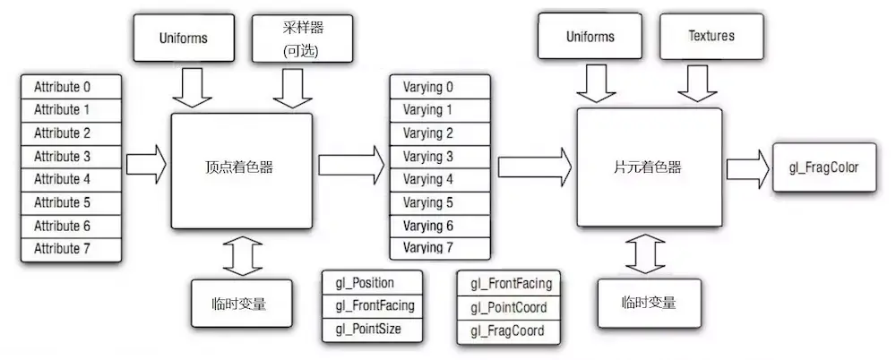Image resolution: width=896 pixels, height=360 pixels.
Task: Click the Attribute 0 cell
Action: (x=71, y=88)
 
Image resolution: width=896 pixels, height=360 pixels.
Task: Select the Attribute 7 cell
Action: (x=71, y=248)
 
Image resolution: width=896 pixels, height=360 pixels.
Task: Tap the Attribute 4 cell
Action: (x=71, y=179)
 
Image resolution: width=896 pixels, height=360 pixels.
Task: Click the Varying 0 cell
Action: (x=440, y=87)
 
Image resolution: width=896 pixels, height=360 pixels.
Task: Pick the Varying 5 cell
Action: (x=440, y=202)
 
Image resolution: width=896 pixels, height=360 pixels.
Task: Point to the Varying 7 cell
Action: (x=440, y=247)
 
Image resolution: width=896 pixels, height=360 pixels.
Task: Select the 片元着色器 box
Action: (x=650, y=167)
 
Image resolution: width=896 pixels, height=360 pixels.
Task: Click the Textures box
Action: (x=711, y=37)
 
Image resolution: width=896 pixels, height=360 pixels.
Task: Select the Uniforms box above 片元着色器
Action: (x=590, y=37)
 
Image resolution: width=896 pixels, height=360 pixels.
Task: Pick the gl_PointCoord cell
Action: (x=507, y=308)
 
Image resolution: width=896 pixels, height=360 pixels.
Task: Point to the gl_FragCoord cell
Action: (x=507, y=331)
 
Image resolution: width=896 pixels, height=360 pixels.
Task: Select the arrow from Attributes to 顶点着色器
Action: (x=146, y=165)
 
